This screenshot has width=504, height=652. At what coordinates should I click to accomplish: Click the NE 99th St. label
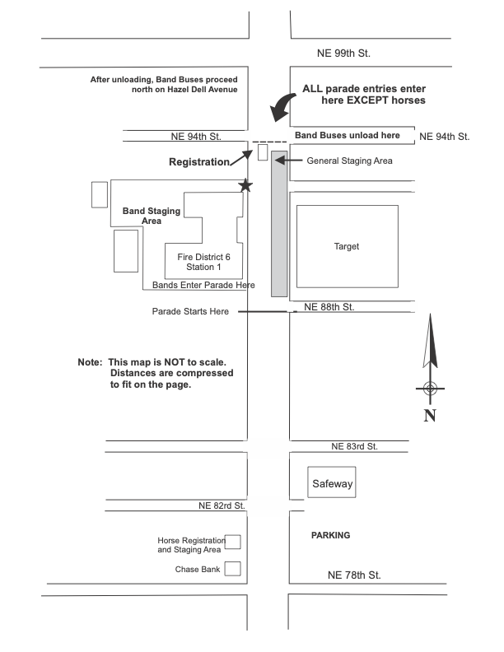tap(344, 54)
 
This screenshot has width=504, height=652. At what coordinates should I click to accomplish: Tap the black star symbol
tap(245, 186)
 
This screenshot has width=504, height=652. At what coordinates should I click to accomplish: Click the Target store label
tap(347, 246)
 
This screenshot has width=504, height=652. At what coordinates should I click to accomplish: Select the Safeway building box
tap(332, 484)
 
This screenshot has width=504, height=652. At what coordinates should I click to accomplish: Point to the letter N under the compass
tap(429, 415)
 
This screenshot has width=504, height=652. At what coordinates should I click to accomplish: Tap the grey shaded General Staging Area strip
tap(279, 222)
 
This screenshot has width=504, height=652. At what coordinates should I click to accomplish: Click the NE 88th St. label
tap(329, 306)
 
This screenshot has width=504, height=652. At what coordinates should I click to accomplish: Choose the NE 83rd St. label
tap(354, 446)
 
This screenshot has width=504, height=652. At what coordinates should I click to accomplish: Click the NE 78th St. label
tap(354, 575)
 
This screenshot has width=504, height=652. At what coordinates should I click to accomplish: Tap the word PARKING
tap(330, 535)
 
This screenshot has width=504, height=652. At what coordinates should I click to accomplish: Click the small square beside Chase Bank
tap(233, 568)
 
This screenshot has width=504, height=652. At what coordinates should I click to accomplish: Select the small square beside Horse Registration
tap(233, 542)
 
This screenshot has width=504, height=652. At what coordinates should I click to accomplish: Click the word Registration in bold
tap(198, 162)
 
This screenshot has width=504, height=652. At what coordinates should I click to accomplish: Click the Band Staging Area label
tap(152, 216)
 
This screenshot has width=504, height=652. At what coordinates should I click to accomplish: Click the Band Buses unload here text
tap(348, 135)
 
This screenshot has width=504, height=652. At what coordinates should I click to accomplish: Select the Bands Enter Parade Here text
tap(203, 285)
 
